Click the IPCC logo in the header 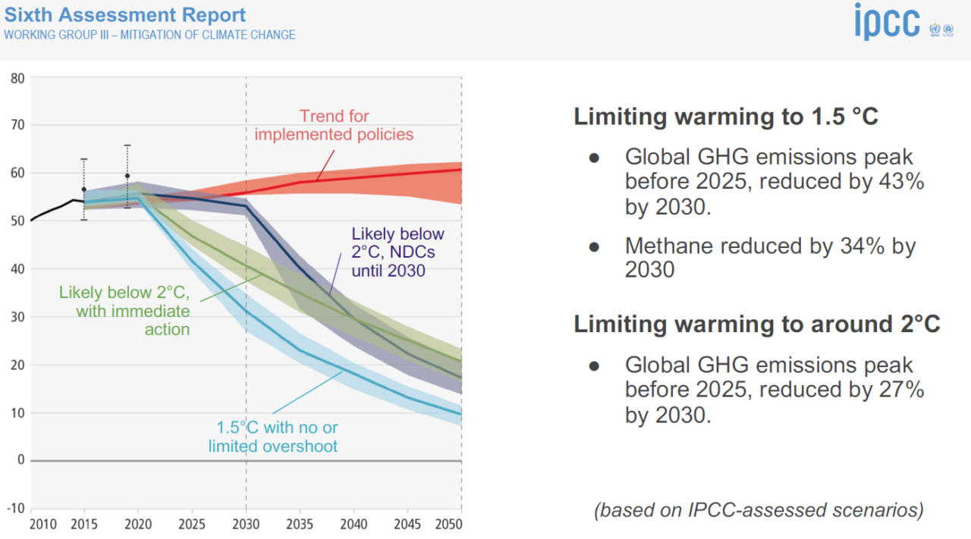887,22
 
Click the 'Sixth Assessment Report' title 125,14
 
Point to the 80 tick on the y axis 17,77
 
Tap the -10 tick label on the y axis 16,508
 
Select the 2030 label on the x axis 246,525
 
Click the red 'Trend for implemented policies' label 334,125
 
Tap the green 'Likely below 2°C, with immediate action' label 124,311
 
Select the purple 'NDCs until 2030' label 398,252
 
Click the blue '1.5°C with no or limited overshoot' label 273,437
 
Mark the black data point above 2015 84,190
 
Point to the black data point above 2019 127,176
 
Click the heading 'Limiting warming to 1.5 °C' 726,117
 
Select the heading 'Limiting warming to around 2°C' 756,324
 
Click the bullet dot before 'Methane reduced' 595,246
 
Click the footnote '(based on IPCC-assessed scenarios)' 759,509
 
